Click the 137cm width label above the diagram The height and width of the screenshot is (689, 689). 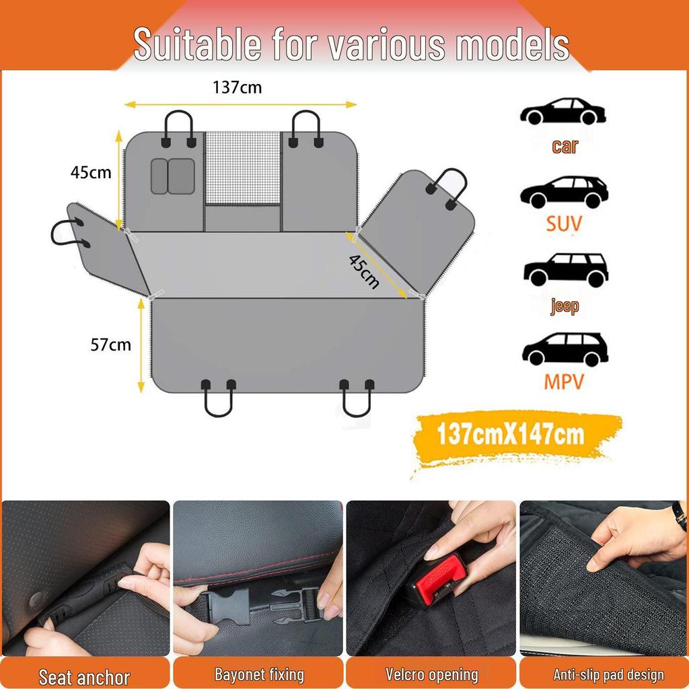pos(237,87)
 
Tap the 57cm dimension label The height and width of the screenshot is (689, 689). pos(110,345)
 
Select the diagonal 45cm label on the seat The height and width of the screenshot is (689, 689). pos(364,271)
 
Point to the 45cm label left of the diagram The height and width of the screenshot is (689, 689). pos(91,172)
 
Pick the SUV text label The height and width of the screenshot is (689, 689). pos(564,223)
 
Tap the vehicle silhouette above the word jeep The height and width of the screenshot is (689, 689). pos(565,270)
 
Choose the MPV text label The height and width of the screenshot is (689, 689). pos(564,382)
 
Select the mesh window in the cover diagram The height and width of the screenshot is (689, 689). pos(242,168)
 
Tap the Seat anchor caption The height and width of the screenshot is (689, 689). pos(84,676)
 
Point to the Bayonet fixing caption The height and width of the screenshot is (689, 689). pos(259,674)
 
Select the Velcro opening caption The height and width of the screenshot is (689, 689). pos(431,674)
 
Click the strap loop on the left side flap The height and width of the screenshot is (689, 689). pos(67,232)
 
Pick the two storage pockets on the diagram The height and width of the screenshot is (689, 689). pos(173,176)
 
